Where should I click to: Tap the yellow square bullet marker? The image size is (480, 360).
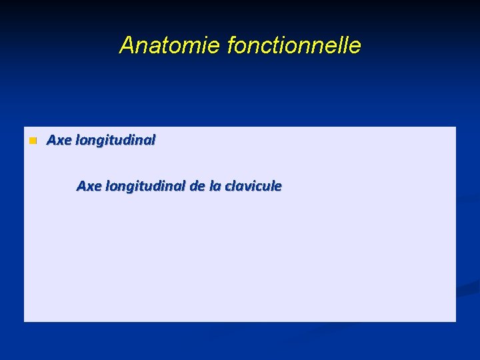click(x=31, y=141)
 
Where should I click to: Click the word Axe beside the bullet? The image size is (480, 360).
click(x=59, y=140)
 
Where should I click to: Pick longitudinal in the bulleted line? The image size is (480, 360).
click(x=115, y=141)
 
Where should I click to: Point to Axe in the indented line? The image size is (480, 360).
click(x=89, y=186)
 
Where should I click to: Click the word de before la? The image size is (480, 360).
click(x=197, y=186)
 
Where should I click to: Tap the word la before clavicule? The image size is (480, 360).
click(x=215, y=186)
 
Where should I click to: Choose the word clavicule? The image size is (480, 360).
click(x=253, y=186)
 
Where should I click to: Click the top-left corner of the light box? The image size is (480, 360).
click(x=25, y=127)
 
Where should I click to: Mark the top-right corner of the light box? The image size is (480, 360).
click(x=455, y=127)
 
